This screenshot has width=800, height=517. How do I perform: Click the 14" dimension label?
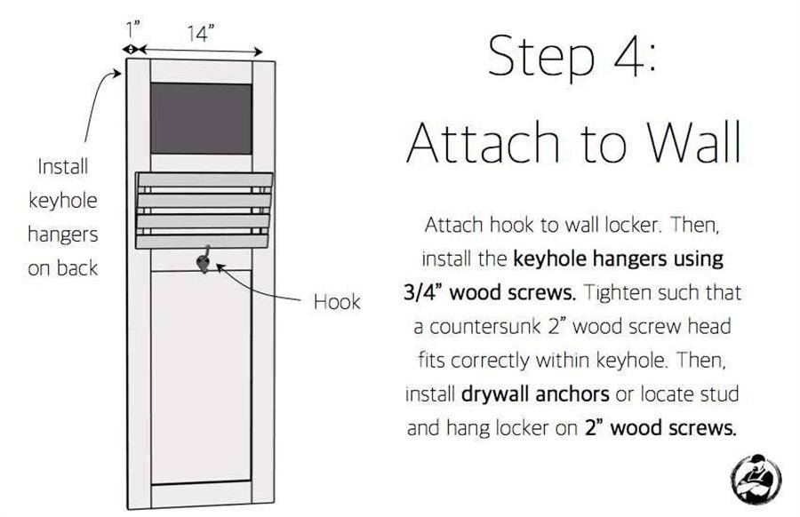[x=199, y=34]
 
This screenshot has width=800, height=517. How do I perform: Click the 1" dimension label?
[x=132, y=29]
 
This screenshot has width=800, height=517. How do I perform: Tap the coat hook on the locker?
[x=204, y=260]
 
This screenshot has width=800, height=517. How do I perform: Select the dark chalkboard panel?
[x=201, y=118]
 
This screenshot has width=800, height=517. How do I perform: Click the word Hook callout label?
[x=337, y=302]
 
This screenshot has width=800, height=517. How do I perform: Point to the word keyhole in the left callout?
[x=63, y=201]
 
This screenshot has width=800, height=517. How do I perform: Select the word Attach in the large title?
[x=484, y=142]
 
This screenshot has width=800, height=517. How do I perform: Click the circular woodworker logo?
[x=756, y=479]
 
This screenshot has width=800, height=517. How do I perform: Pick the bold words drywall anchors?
[x=535, y=394]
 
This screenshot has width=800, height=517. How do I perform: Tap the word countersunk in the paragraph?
[x=485, y=327]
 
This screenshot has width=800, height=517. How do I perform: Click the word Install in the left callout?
[x=63, y=167]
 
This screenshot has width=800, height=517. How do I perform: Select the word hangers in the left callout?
[x=63, y=235]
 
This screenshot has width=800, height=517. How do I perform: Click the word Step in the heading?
[x=541, y=57]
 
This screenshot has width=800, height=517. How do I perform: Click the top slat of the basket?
[x=204, y=179]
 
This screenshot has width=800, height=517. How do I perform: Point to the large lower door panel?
[x=201, y=377]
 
